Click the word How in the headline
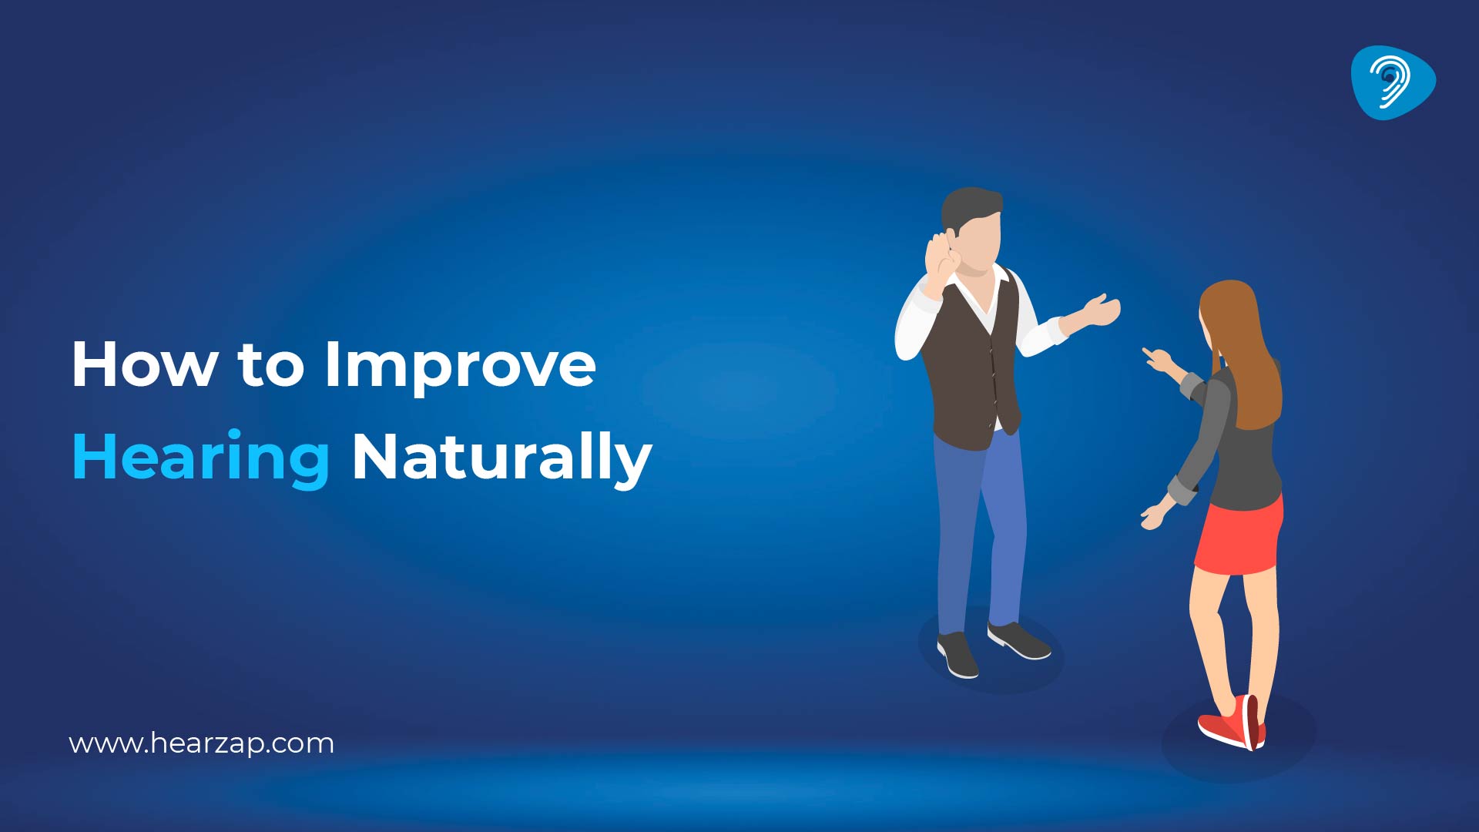(x=144, y=364)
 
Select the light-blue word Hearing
(x=201, y=459)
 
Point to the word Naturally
(x=501, y=459)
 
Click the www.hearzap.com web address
(x=202, y=744)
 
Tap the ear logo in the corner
(x=1393, y=82)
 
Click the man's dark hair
(x=970, y=206)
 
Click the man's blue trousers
(x=981, y=532)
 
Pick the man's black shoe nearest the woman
(x=1018, y=640)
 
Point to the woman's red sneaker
(x=1232, y=723)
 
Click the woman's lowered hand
(x=1152, y=516)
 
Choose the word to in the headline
(x=270, y=366)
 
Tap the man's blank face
(x=978, y=241)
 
